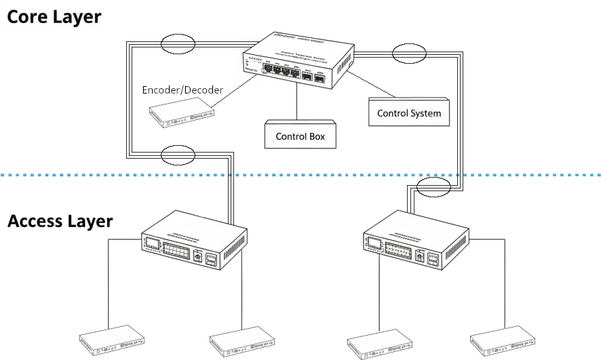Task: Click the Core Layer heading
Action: [54, 16]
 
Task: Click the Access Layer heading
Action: [60, 222]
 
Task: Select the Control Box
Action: [300, 136]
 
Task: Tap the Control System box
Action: [408, 113]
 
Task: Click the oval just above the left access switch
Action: [178, 155]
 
